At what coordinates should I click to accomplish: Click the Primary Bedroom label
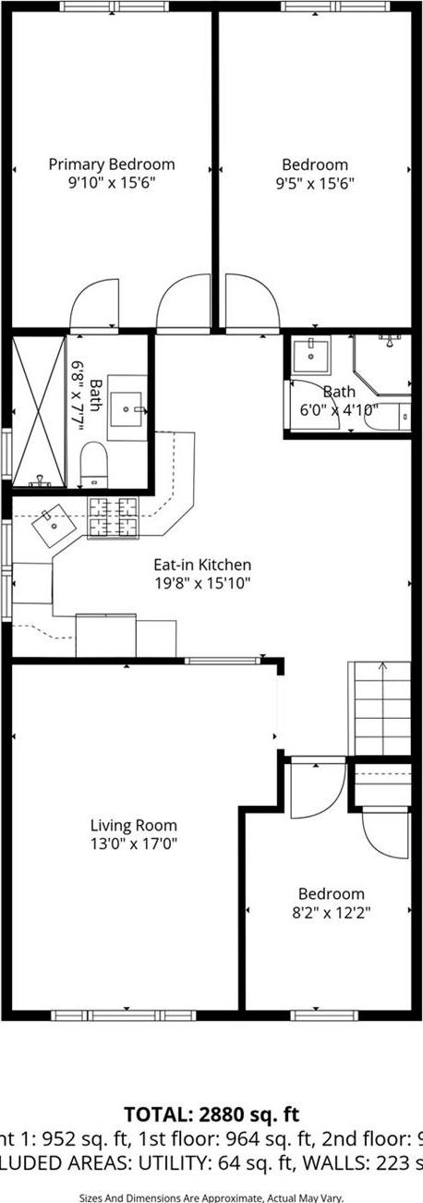point(111,164)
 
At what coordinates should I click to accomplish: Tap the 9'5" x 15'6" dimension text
point(315,183)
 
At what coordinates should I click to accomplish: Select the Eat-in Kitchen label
point(202,565)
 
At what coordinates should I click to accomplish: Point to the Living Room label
point(134,825)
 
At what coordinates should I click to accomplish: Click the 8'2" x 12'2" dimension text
point(331,912)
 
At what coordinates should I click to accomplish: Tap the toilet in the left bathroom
point(94,463)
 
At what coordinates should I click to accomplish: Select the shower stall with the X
point(38,410)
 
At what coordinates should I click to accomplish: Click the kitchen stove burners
point(113,516)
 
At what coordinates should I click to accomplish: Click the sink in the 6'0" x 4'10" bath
point(312,354)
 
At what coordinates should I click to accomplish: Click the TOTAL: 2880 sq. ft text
point(211,1114)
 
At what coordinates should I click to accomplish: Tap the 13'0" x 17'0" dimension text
point(134,843)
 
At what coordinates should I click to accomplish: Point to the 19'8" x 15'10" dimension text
point(202,582)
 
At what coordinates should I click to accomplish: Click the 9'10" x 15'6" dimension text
point(111,182)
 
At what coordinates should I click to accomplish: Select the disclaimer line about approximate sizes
point(211,1197)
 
